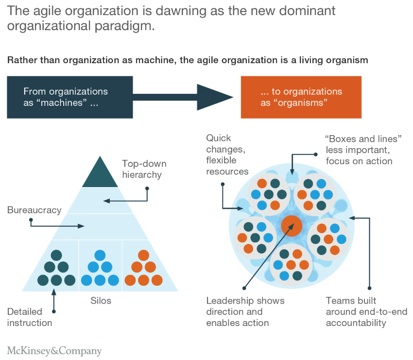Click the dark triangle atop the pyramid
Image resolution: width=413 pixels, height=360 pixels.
(x=100, y=175)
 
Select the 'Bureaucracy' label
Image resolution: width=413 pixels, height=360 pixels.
(x=34, y=210)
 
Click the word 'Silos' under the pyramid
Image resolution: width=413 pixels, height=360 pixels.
(x=101, y=301)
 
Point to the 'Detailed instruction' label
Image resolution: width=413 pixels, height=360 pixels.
(x=30, y=317)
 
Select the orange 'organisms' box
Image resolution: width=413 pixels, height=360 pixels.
(x=301, y=97)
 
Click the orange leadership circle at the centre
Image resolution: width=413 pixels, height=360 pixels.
(x=292, y=225)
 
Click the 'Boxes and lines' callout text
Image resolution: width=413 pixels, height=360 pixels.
(x=363, y=150)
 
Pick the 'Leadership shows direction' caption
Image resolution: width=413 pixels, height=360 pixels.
(x=245, y=311)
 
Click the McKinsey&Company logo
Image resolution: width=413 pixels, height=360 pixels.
(x=54, y=351)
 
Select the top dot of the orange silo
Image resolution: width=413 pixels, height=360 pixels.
(x=143, y=255)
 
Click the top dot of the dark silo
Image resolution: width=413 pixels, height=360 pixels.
(x=56, y=255)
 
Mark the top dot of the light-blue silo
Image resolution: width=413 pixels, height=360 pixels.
(x=100, y=255)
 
